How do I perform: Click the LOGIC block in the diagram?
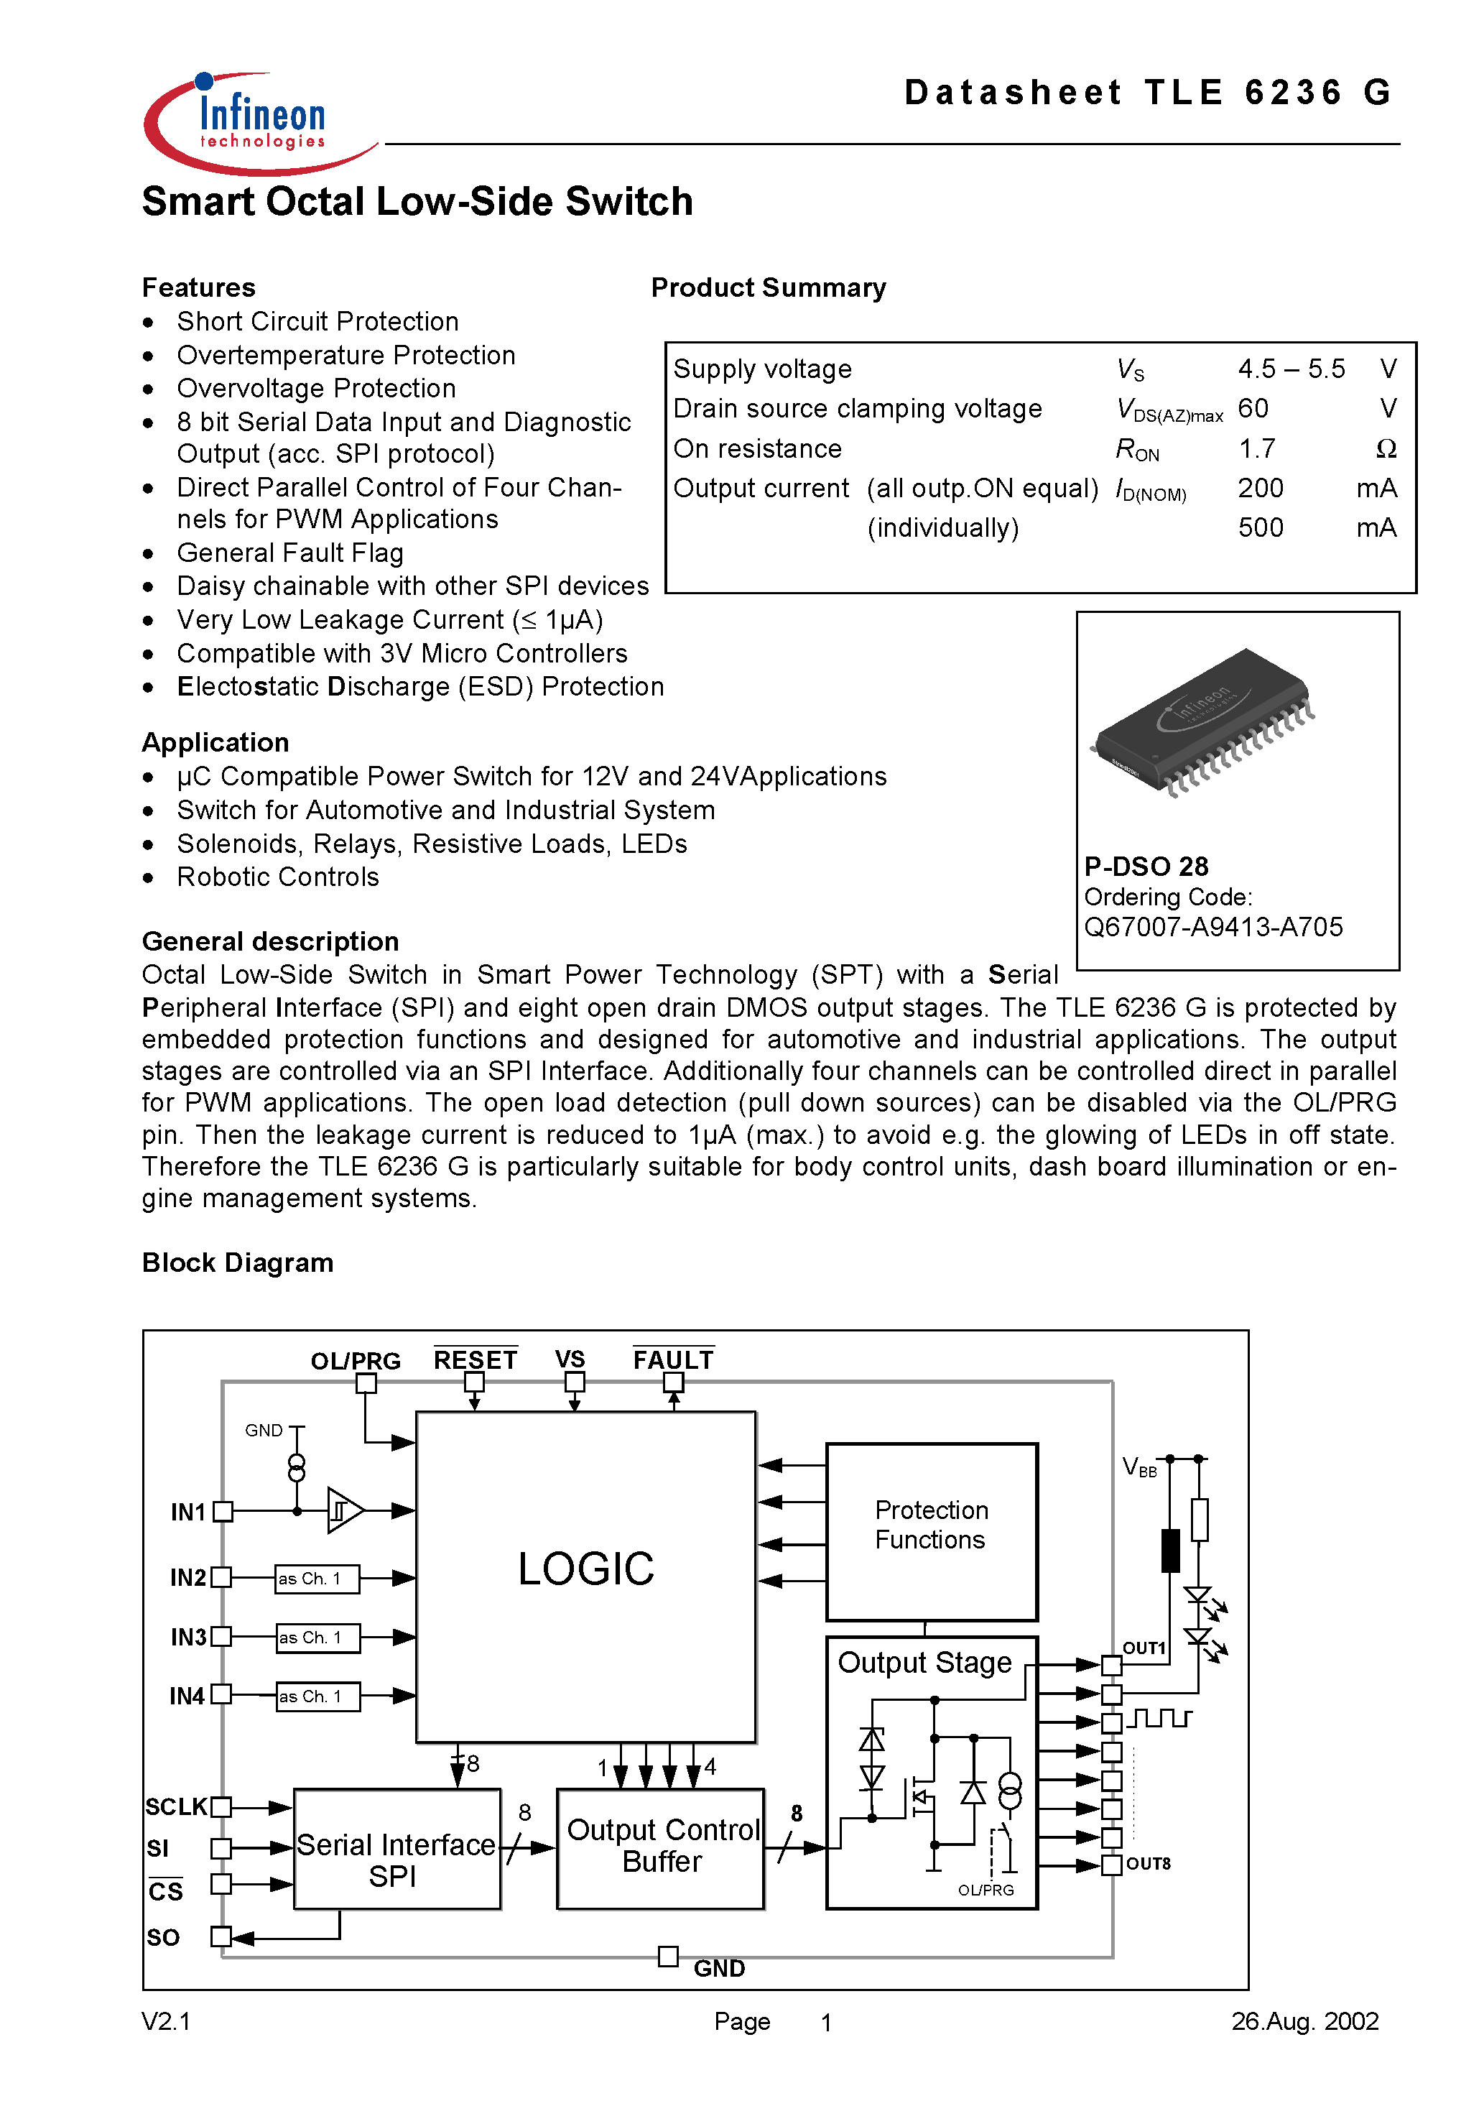[585, 1570]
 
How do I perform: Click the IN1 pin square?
[223, 1512]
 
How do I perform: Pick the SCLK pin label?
[176, 1807]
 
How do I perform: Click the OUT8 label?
[1149, 1864]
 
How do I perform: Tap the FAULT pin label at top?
[672, 1359]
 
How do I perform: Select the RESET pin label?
[475, 1359]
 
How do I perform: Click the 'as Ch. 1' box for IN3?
[317, 1637]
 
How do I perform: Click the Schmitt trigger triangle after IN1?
[344, 1510]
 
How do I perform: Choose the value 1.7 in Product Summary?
[1256, 448]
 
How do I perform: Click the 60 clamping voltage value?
[1253, 408]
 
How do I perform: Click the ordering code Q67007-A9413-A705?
[1212, 927]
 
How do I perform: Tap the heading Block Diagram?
[238, 1262]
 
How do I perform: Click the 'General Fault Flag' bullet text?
[290, 553]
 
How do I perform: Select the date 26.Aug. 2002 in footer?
[1304, 2021]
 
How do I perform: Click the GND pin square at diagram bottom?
[668, 1957]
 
